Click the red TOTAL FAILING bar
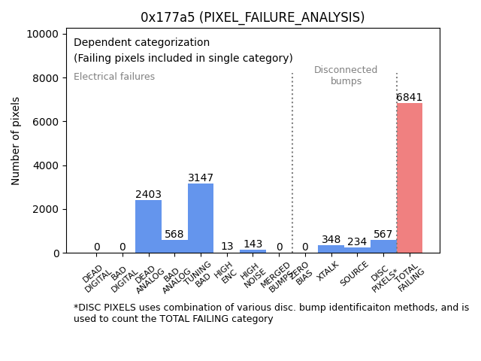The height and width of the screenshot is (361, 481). tap(410, 177)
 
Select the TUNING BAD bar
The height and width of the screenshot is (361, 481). tap(201, 218)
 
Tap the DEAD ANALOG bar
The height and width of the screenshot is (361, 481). tap(148, 226)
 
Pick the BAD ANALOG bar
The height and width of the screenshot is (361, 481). tap(174, 247)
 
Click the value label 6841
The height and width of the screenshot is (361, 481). tap(410, 98)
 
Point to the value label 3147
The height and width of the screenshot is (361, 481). tap(201, 178)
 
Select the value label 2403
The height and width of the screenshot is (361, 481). tap(148, 195)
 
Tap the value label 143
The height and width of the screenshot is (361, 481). tap(253, 244)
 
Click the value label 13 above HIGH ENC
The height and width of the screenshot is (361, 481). tap(227, 247)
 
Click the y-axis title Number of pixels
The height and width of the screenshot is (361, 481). tap(16, 141)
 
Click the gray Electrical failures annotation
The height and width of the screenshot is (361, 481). tap(114, 77)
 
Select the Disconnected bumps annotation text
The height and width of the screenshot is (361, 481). tap(346, 75)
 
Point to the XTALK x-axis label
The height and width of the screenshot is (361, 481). tap(328, 272)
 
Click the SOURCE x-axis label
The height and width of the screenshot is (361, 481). tap(353, 274)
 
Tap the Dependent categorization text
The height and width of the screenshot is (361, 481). tap(141, 43)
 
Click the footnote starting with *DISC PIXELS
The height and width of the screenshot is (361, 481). tap(271, 313)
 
